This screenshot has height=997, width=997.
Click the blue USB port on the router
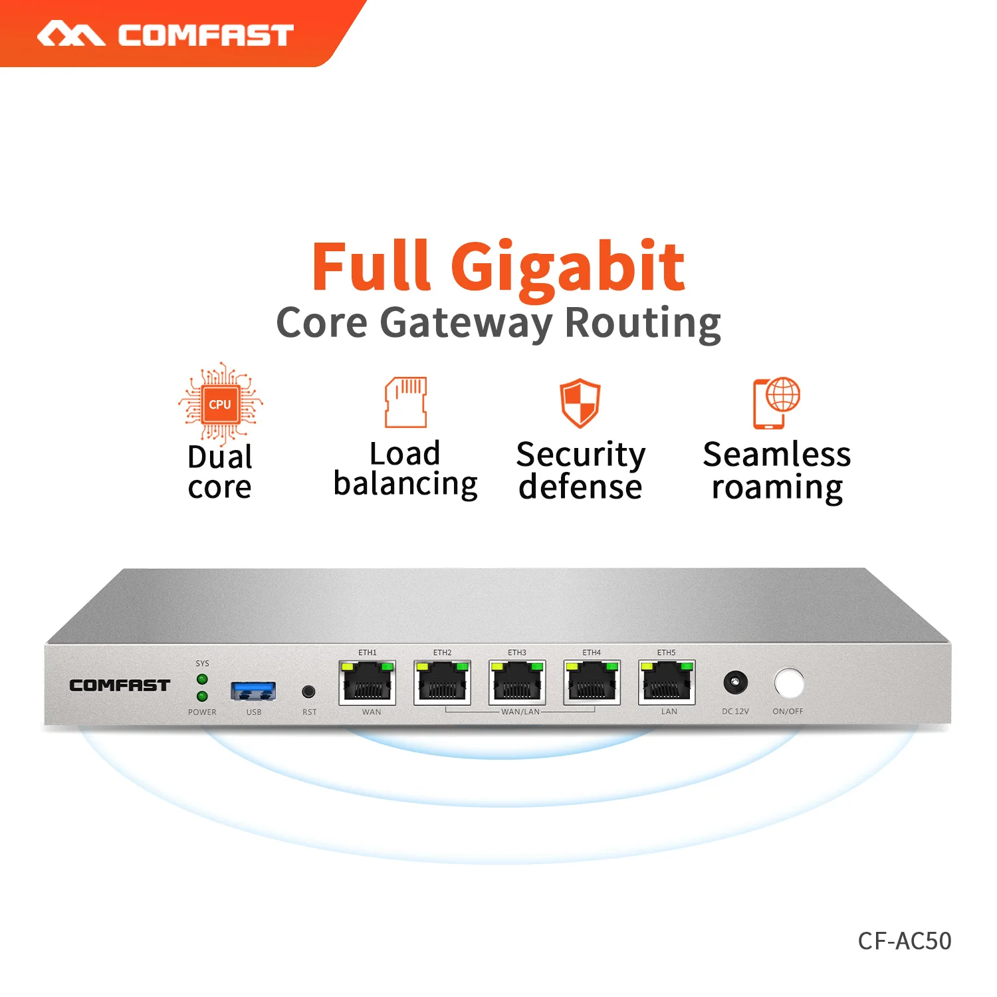coord(253,691)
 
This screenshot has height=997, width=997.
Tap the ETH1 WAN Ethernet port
coord(368,683)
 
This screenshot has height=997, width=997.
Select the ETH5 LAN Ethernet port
coord(667,683)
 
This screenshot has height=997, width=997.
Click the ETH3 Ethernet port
coord(517,683)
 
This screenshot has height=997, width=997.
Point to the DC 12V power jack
coord(735,683)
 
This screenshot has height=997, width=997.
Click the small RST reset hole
coord(308,692)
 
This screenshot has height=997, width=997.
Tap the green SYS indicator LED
coord(203,679)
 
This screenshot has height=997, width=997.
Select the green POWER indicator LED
coord(203,697)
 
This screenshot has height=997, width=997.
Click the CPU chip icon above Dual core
coord(220,403)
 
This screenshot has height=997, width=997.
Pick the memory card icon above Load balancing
coord(406,402)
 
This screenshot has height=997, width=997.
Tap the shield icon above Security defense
coord(580,403)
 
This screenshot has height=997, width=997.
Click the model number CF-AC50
coord(905,941)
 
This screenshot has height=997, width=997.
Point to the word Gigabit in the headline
coord(568,268)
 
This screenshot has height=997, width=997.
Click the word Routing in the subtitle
coord(643,324)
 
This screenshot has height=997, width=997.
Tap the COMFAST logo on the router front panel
coord(120,685)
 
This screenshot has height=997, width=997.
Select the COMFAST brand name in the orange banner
coord(205,35)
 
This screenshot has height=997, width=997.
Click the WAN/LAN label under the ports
coord(520,712)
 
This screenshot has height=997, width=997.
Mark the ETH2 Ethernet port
coord(443,683)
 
